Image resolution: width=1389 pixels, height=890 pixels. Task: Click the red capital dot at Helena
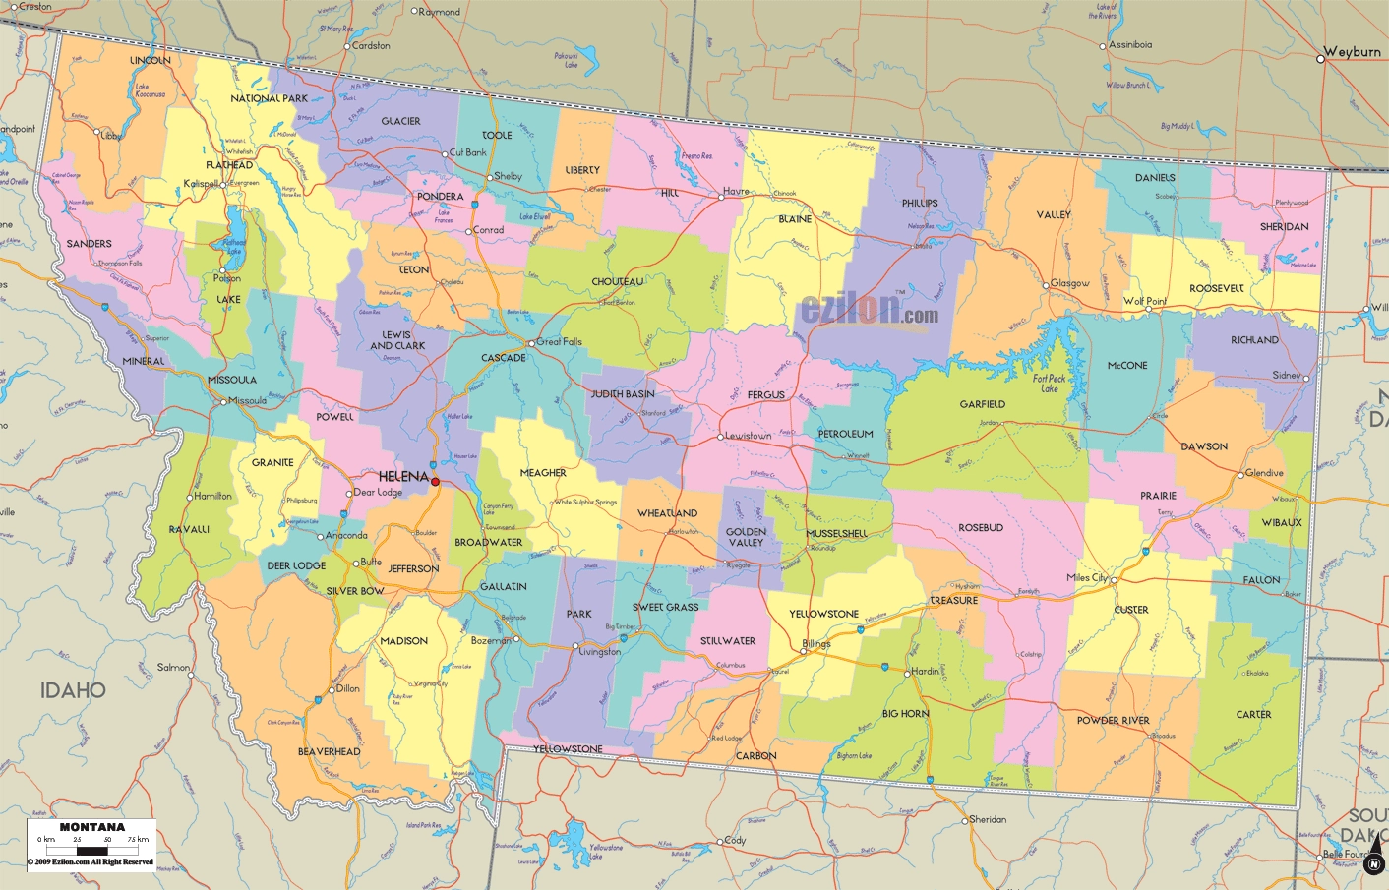point(435,482)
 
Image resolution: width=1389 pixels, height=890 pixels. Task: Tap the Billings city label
point(816,644)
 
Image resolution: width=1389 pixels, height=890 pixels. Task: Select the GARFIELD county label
point(982,404)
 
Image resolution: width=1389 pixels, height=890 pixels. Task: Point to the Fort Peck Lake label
point(1049,384)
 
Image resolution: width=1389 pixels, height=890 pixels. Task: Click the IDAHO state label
point(73,690)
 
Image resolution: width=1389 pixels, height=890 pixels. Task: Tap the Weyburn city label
point(1353,52)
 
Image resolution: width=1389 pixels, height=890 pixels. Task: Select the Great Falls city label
point(559,342)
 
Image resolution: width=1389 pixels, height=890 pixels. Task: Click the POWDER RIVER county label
point(1113,720)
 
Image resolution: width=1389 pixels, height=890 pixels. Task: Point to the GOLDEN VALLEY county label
point(746,537)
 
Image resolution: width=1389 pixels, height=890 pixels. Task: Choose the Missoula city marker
point(224,401)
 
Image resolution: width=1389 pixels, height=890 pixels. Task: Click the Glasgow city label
point(1069,283)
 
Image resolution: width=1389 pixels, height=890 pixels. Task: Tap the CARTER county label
point(1253,714)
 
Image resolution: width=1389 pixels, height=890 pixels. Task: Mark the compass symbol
point(1374,862)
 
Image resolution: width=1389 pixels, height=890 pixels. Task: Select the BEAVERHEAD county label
point(330,751)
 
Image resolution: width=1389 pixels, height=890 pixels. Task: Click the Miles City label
point(1087,577)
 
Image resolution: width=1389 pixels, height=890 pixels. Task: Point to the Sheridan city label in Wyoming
point(988,819)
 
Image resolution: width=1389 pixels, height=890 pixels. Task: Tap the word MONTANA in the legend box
point(92,827)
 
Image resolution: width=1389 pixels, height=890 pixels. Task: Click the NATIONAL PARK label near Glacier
point(269,98)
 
